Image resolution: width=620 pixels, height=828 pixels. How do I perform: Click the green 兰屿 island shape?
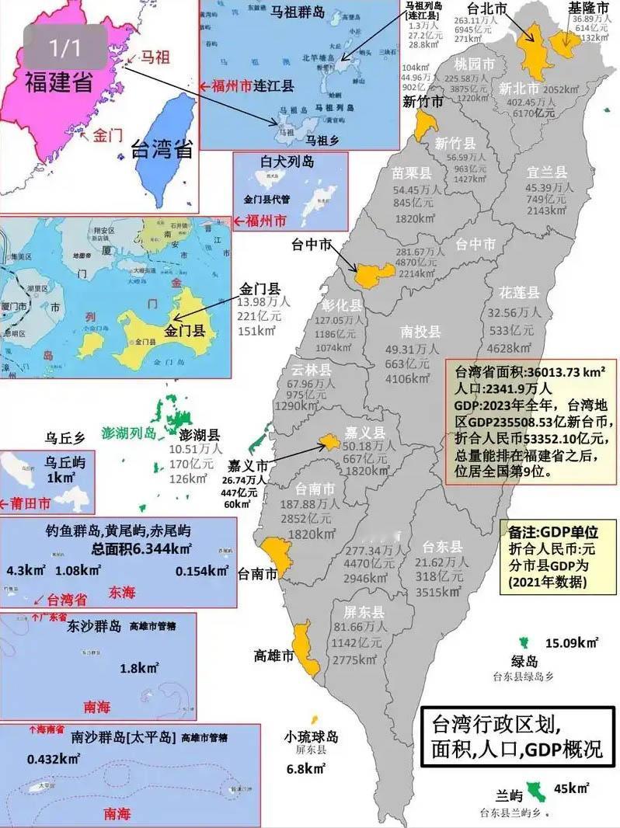pyautogui.click(x=533, y=791)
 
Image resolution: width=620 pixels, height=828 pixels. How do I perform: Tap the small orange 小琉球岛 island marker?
pyautogui.click(x=315, y=720)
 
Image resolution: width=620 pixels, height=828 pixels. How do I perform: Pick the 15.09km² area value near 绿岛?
pyautogui.click(x=571, y=643)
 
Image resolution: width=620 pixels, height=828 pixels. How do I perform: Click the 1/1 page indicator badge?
pyautogui.click(x=64, y=49)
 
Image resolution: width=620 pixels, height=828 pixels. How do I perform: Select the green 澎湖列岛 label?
pyautogui.click(x=129, y=432)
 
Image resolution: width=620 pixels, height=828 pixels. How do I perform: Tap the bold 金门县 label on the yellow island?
pyautogui.click(x=184, y=330)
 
